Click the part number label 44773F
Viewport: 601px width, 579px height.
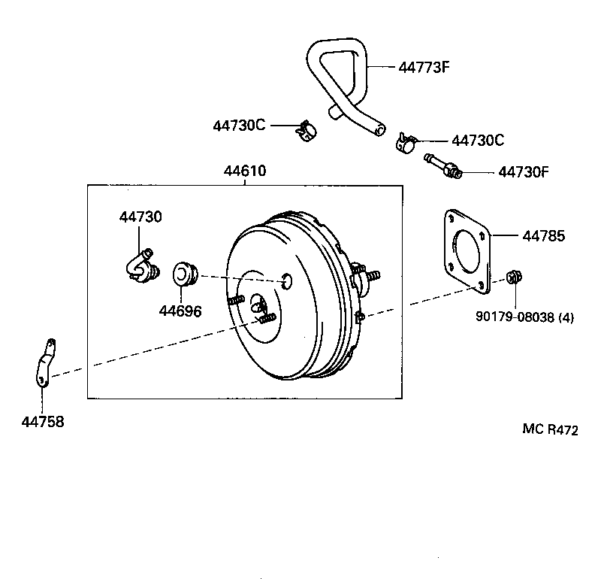click(423, 68)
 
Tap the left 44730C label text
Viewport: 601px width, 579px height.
click(239, 126)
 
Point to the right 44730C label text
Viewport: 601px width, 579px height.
click(477, 141)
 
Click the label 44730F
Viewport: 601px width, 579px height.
click(524, 171)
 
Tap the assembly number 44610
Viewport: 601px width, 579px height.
click(244, 171)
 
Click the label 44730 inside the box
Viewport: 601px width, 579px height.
click(140, 217)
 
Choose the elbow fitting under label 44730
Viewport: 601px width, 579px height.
click(139, 265)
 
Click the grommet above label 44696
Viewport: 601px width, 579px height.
click(185, 274)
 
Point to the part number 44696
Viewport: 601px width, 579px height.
click(180, 311)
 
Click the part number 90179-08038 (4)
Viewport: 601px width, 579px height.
click(524, 317)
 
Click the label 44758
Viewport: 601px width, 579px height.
click(43, 422)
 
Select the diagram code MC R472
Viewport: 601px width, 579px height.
click(551, 430)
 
